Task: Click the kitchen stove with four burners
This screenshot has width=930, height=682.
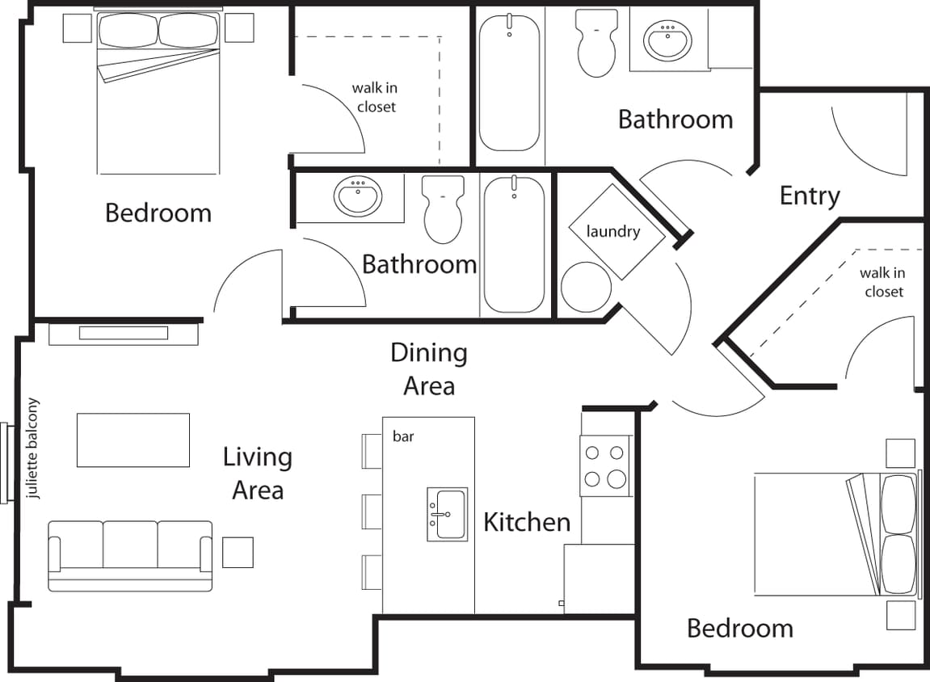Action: pos(605,465)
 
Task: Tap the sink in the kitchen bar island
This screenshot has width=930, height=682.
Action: pos(447,514)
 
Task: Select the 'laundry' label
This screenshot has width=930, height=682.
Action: pos(613,232)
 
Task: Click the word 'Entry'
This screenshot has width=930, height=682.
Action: pos(810,196)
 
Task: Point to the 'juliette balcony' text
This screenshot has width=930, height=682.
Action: pos(33,448)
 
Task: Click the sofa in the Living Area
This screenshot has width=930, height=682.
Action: pos(130,556)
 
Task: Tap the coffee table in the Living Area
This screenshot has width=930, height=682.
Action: pos(133,440)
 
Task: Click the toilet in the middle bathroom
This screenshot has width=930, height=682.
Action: pos(443,209)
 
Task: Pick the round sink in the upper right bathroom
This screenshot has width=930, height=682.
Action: pos(667,40)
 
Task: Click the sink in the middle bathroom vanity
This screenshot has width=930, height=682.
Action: pos(358,196)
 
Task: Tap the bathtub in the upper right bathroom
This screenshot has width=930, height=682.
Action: pos(509,83)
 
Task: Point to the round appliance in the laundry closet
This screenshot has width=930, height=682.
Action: pos(586,287)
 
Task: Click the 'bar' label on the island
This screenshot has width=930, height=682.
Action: pos(403,436)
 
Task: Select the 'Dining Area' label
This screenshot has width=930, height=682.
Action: pos(429,369)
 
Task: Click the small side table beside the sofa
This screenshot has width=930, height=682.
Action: pos(238,553)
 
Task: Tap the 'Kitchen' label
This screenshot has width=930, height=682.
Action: pos(527,522)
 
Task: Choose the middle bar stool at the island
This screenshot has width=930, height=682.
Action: pos(372,511)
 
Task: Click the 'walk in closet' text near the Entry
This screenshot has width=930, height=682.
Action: pos(882,282)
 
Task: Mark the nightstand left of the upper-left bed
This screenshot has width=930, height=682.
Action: pos(78,28)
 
